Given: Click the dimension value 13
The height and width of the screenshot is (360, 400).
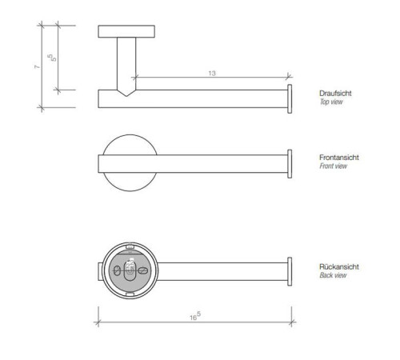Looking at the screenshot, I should [x=211, y=74].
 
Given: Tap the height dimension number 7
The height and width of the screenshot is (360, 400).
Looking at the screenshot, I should [x=37, y=67].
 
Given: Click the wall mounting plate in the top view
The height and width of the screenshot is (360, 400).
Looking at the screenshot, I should [x=127, y=31].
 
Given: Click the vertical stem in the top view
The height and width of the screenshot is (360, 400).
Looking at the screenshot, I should [x=127, y=60].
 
